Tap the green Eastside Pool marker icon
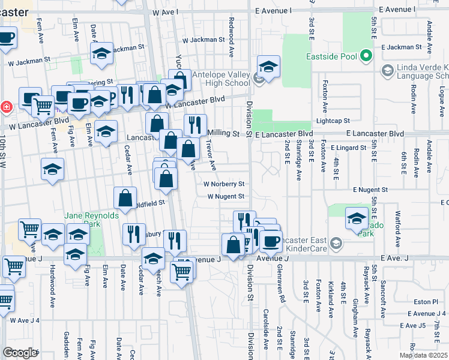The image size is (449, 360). pyautogui.click(x=366, y=57)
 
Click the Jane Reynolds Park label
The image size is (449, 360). pyautogui.click(x=90, y=216)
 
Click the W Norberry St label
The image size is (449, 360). pyautogui.click(x=224, y=184)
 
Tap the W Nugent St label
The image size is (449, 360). pyautogui.click(x=226, y=196)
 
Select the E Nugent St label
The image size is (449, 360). pyautogui.click(x=370, y=190)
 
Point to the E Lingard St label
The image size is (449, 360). pyautogui.click(x=347, y=147)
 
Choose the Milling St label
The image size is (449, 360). pyautogui.click(x=223, y=133)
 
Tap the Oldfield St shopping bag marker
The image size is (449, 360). pyautogui.click(x=125, y=199)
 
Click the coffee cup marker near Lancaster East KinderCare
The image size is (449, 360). pyautogui.click(x=271, y=241)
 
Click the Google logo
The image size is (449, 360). pyautogui.click(x=20, y=353)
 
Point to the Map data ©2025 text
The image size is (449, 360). pyautogui.click(x=423, y=355)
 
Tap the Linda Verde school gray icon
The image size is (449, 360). pyautogui.click(x=387, y=71)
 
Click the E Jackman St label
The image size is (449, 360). pyautogui.click(x=400, y=46)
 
